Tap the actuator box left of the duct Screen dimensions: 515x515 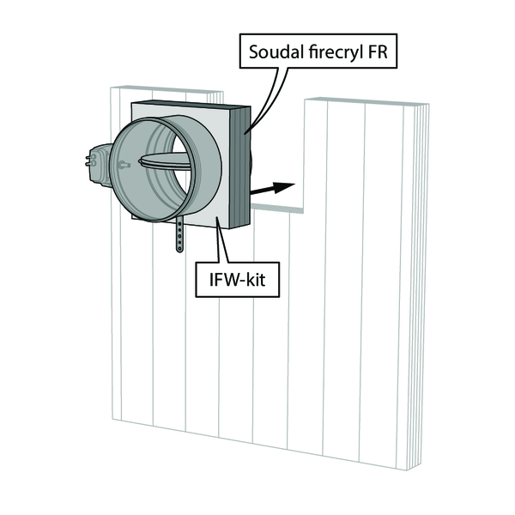[x=100, y=165]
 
